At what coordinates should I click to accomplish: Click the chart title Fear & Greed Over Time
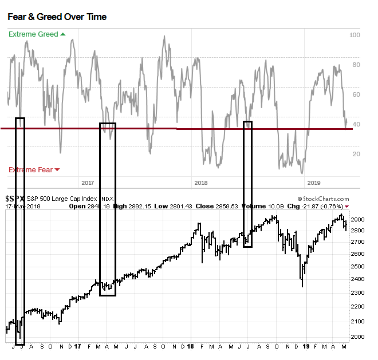[57, 17]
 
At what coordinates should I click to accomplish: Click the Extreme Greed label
[33, 34]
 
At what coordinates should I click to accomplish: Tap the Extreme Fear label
[30, 169]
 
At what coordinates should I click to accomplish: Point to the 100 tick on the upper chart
[355, 35]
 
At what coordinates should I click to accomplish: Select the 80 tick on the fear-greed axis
[356, 65]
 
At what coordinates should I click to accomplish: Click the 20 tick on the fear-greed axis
[356, 154]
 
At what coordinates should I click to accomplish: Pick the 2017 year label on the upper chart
[88, 183]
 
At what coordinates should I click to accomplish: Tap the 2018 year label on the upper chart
[201, 183]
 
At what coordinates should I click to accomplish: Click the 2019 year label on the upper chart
[314, 183]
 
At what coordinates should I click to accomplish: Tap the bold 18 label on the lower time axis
[190, 347]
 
